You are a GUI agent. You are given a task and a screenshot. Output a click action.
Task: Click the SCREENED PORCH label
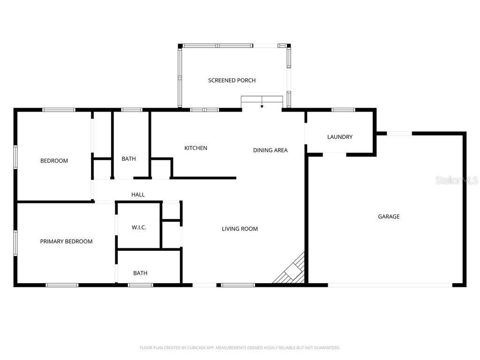(x=232, y=81)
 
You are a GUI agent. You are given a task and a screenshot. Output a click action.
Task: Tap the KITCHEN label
(x=195, y=148)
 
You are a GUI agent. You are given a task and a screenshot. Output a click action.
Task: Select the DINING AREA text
(x=270, y=150)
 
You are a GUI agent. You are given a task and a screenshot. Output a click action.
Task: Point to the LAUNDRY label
(x=339, y=137)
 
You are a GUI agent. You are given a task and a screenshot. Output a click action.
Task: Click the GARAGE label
(x=389, y=217)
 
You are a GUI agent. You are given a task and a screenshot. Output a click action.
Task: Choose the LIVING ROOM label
(x=240, y=229)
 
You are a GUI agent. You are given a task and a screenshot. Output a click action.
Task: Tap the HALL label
(x=138, y=195)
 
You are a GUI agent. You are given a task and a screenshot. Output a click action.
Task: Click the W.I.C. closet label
(x=139, y=228)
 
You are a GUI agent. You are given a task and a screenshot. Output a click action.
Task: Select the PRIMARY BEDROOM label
(x=66, y=242)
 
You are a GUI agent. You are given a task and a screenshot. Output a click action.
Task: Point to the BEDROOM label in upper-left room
(x=54, y=161)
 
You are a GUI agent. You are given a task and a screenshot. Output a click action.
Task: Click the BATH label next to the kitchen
(x=128, y=159)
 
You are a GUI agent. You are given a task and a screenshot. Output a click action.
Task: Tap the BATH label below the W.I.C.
(x=140, y=273)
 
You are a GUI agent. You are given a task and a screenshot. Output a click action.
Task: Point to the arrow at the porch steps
(x=262, y=106)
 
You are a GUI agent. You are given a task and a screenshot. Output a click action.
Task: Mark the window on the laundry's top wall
(x=343, y=110)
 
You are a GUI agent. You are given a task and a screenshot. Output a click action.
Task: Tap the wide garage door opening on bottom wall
(x=390, y=285)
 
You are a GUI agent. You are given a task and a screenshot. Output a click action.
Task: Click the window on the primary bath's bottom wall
(x=140, y=285)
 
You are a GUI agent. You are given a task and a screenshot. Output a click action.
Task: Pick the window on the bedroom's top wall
(x=59, y=110)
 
